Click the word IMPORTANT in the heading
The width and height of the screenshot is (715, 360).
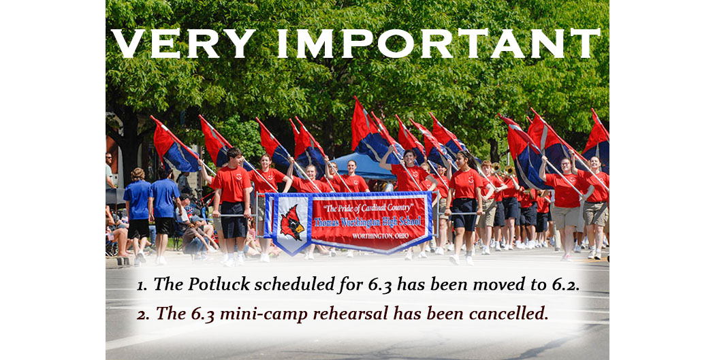coord(439,44)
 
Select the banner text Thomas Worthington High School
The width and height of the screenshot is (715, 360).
coord(367,223)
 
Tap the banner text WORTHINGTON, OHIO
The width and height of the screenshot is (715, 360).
coord(380,236)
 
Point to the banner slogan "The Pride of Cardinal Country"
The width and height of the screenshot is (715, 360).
coord(368,208)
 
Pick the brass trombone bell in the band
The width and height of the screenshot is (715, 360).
coord(509,171)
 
